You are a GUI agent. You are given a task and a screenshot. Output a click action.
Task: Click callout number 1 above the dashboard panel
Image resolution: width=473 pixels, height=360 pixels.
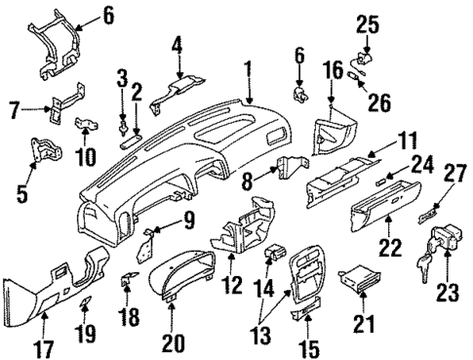(249, 70)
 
